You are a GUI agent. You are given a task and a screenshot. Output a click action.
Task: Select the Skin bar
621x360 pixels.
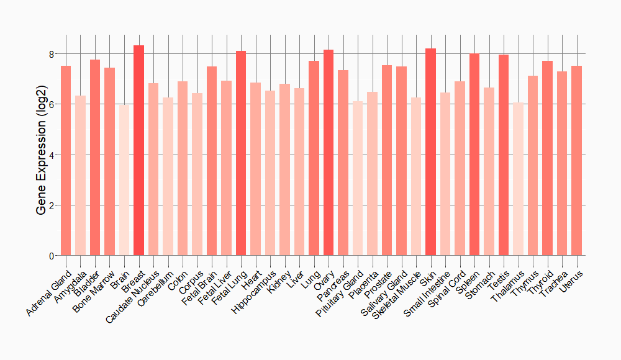point(431,152)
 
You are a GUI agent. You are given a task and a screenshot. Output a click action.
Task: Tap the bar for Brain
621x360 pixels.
point(124,180)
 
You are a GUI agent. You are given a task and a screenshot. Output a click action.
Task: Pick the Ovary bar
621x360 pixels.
point(329,153)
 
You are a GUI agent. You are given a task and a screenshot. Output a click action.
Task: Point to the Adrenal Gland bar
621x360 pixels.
point(66,161)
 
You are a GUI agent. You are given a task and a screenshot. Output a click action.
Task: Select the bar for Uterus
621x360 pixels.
point(577,161)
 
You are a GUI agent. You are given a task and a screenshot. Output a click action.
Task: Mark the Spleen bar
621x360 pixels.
point(474,155)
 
